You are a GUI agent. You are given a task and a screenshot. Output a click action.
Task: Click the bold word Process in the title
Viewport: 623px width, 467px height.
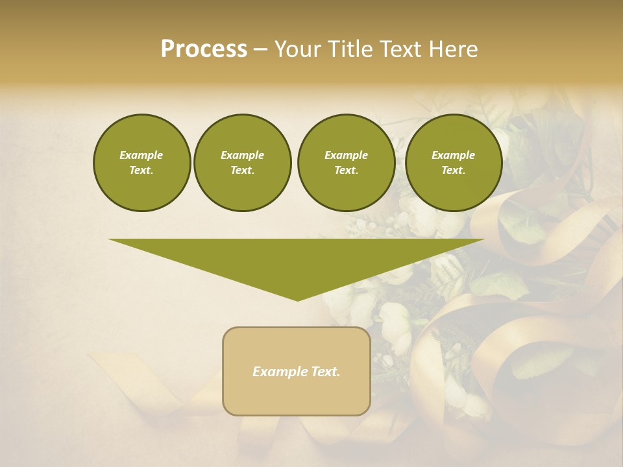(x=204, y=49)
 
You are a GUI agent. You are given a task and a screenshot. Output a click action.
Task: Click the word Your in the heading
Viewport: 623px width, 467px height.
(x=298, y=49)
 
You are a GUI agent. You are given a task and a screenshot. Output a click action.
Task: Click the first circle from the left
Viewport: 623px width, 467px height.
(x=141, y=163)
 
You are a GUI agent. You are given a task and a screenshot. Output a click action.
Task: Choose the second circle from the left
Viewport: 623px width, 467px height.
(x=242, y=163)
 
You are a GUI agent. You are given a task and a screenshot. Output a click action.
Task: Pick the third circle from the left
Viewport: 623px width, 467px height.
(x=346, y=163)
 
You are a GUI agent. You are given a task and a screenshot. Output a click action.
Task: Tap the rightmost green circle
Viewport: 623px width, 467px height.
(x=453, y=163)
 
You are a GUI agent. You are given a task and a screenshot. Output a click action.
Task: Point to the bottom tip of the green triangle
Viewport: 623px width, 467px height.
(x=297, y=300)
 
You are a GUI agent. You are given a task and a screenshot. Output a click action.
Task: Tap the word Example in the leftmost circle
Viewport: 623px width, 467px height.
(x=141, y=155)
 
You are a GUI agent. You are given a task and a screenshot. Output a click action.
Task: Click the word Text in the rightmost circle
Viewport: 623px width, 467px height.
(x=453, y=171)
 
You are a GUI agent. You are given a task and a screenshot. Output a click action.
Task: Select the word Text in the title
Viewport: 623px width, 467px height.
(x=399, y=49)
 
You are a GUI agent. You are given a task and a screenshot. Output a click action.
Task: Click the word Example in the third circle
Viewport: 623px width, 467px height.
(x=346, y=155)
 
